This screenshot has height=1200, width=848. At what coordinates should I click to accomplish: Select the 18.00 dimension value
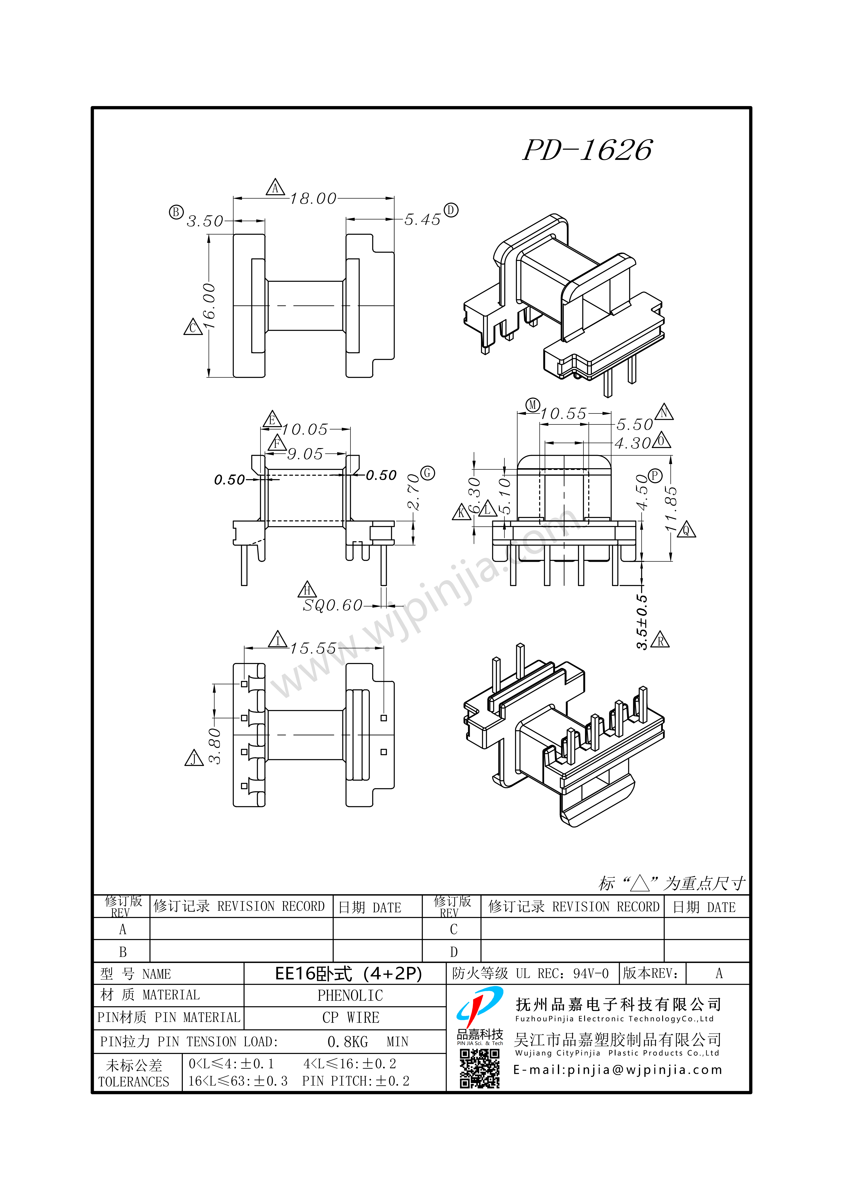[313, 199]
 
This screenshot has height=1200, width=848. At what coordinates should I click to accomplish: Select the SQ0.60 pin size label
[332, 605]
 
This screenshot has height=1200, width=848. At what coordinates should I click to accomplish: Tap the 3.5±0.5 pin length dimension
[642, 621]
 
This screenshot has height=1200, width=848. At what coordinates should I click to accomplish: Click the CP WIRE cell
[350, 1018]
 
